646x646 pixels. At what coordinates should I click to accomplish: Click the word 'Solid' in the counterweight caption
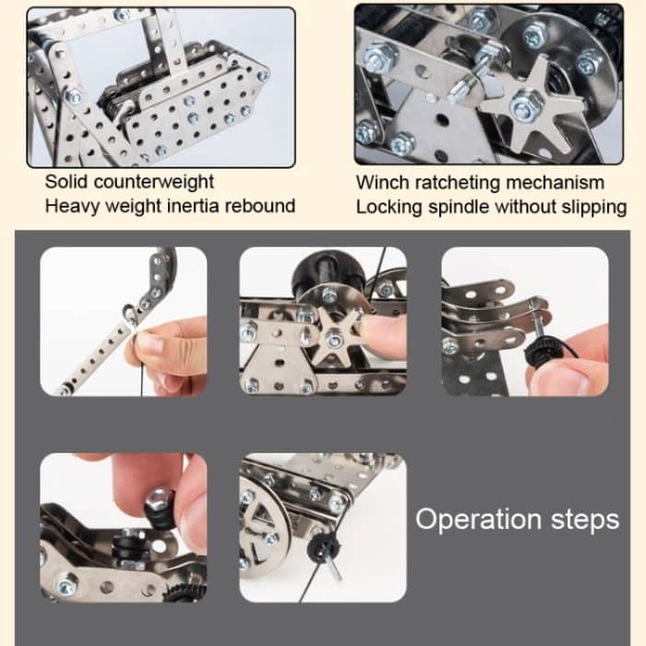click(x=67, y=182)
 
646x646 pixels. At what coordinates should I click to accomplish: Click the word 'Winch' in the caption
click(x=380, y=182)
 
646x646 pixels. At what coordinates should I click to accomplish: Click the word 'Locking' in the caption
click(x=386, y=206)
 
